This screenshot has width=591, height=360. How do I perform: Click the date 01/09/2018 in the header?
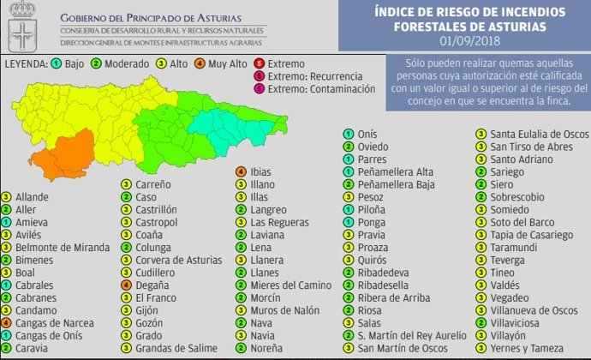click(x=470, y=40)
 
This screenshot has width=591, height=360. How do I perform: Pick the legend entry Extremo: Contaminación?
click(x=321, y=88)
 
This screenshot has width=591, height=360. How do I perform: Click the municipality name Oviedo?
click(x=373, y=147)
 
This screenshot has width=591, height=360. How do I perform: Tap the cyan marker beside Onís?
click(x=349, y=134)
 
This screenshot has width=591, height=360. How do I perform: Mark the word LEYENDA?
click(x=26, y=64)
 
